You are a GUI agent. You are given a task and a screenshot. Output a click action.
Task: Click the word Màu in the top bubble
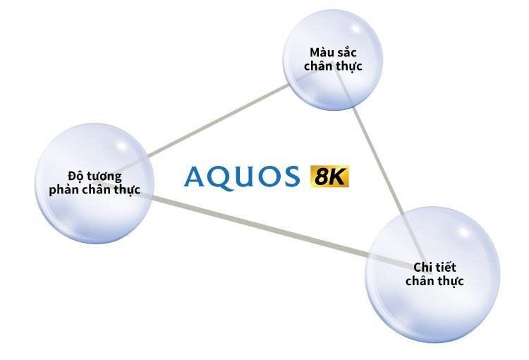[x=320, y=53]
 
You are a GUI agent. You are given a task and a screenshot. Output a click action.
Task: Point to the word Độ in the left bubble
[x=75, y=176]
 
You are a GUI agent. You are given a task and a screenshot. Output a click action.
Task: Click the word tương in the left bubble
[x=103, y=176]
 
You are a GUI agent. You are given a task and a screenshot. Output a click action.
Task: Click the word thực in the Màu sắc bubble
[x=350, y=66]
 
